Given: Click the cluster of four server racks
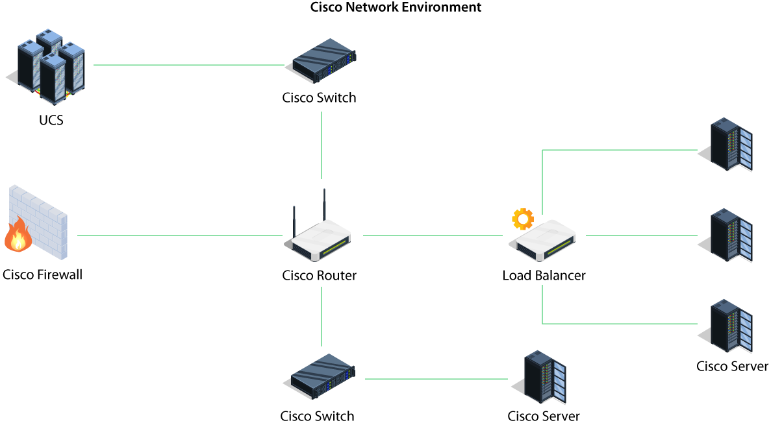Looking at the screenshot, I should click(x=51, y=66).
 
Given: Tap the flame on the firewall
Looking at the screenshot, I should click(x=18, y=236).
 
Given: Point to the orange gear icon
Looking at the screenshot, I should click(x=522, y=219).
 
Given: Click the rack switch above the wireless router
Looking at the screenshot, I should click(x=323, y=60).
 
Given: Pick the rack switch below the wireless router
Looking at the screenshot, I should click(x=322, y=376).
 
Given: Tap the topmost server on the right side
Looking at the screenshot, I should click(x=729, y=144).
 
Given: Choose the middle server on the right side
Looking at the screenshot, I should click(x=729, y=235).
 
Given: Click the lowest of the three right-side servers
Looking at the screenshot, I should click(x=729, y=326).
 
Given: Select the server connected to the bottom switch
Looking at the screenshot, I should click(x=543, y=377).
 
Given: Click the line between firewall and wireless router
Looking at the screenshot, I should click(x=179, y=236).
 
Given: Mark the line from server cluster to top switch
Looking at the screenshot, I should click(x=188, y=65).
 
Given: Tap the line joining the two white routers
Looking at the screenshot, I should click(x=433, y=236).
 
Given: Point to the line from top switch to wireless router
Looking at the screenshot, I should click(x=322, y=145).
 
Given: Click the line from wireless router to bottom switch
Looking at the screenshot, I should click(x=322, y=316).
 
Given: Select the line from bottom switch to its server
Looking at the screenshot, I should click(x=436, y=379).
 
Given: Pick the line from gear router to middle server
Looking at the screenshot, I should click(x=641, y=236).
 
